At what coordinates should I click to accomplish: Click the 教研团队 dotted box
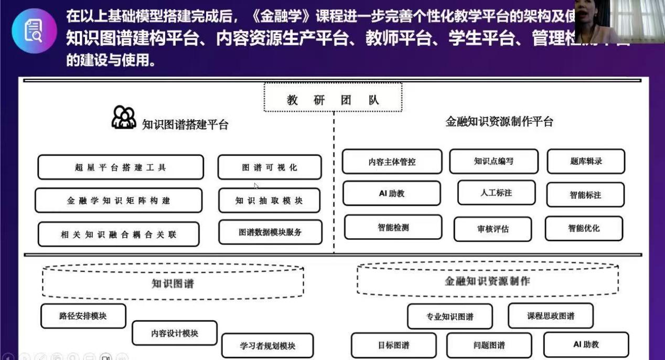[332, 98]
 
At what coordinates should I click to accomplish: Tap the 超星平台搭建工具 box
[120, 167]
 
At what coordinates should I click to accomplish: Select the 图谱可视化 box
[270, 167]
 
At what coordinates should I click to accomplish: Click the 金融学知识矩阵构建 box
[119, 200]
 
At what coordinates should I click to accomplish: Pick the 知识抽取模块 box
[269, 200]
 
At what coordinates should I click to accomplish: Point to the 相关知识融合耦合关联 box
[119, 234]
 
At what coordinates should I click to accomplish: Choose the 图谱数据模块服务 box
[270, 232]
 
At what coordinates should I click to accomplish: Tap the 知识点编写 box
[494, 161]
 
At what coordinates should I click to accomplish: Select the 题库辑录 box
[586, 162]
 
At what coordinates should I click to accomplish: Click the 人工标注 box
[496, 193]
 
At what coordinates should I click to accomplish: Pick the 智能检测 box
[393, 227]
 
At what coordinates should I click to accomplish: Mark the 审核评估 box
[492, 229]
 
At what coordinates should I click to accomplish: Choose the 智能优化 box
[584, 228]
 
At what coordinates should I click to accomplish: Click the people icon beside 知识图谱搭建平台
[124, 118]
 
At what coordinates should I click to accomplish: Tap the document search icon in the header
[34, 30]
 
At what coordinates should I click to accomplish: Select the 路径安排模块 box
[83, 316]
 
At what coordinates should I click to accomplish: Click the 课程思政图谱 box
[551, 316]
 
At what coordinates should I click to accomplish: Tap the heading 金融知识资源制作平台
[499, 122]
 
